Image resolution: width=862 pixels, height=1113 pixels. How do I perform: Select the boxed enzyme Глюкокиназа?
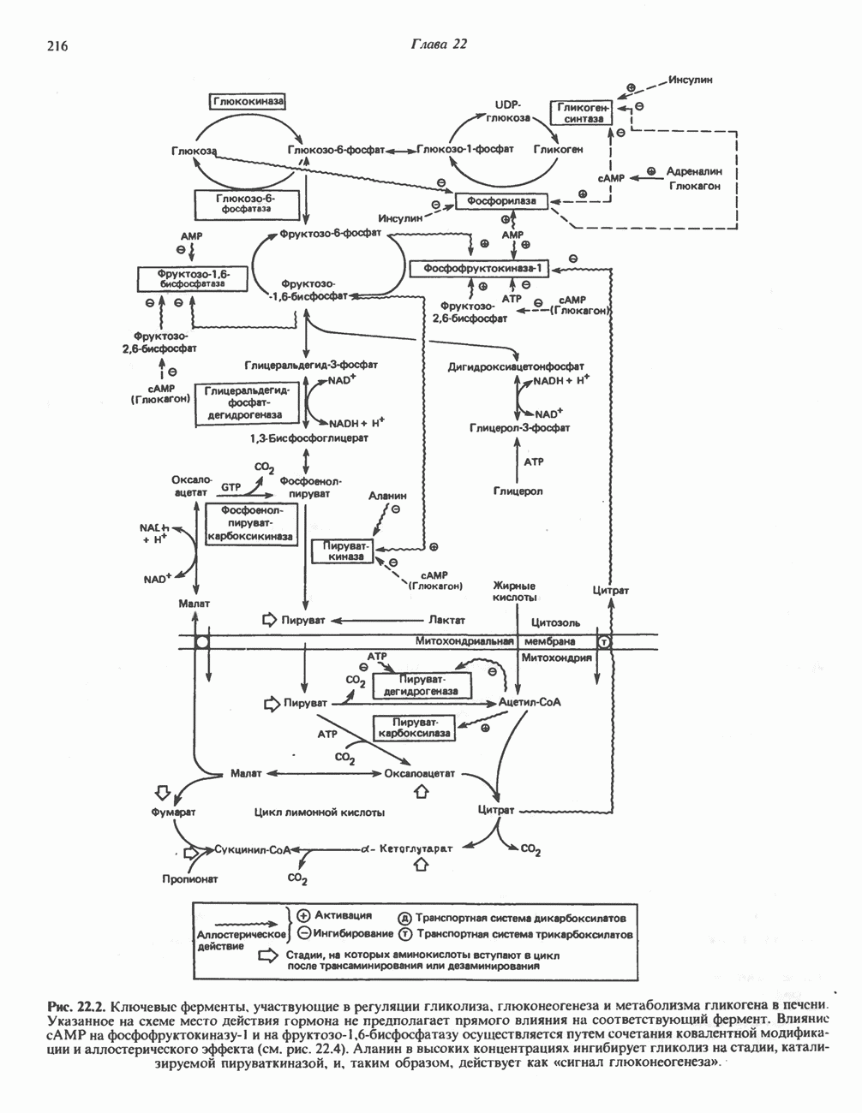pyautogui.click(x=248, y=101)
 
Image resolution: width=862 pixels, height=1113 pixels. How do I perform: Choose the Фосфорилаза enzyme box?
pyautogui.click(x=501, y=201)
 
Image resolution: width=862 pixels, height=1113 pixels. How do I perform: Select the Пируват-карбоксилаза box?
pyautogui.click(x=416, y=729)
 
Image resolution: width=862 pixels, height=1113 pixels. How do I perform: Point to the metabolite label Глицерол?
pyautogui.click(x=518, y=491)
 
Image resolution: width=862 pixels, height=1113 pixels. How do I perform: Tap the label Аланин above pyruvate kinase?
pyautogui.click(x=387, y=496)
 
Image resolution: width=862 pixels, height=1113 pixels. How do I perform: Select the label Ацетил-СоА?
pyautogui.click(x=529, y=702)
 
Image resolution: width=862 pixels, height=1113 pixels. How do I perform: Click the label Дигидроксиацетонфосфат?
pyautogui.click(x=516, y=366)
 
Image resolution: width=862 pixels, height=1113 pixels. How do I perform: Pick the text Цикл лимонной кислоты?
pyautogui.click(x=320, y=811)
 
